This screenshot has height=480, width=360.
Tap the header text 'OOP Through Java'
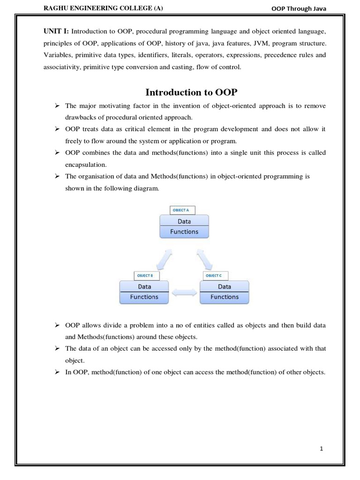pos(299,9)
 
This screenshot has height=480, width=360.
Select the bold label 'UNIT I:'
pos(56,30)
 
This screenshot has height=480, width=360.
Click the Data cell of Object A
pos(184,221)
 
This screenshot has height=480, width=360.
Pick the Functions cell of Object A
pos(184,232)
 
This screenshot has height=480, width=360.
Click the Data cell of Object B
pos(144,286)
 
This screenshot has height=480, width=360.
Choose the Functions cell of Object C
pos(225,297)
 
